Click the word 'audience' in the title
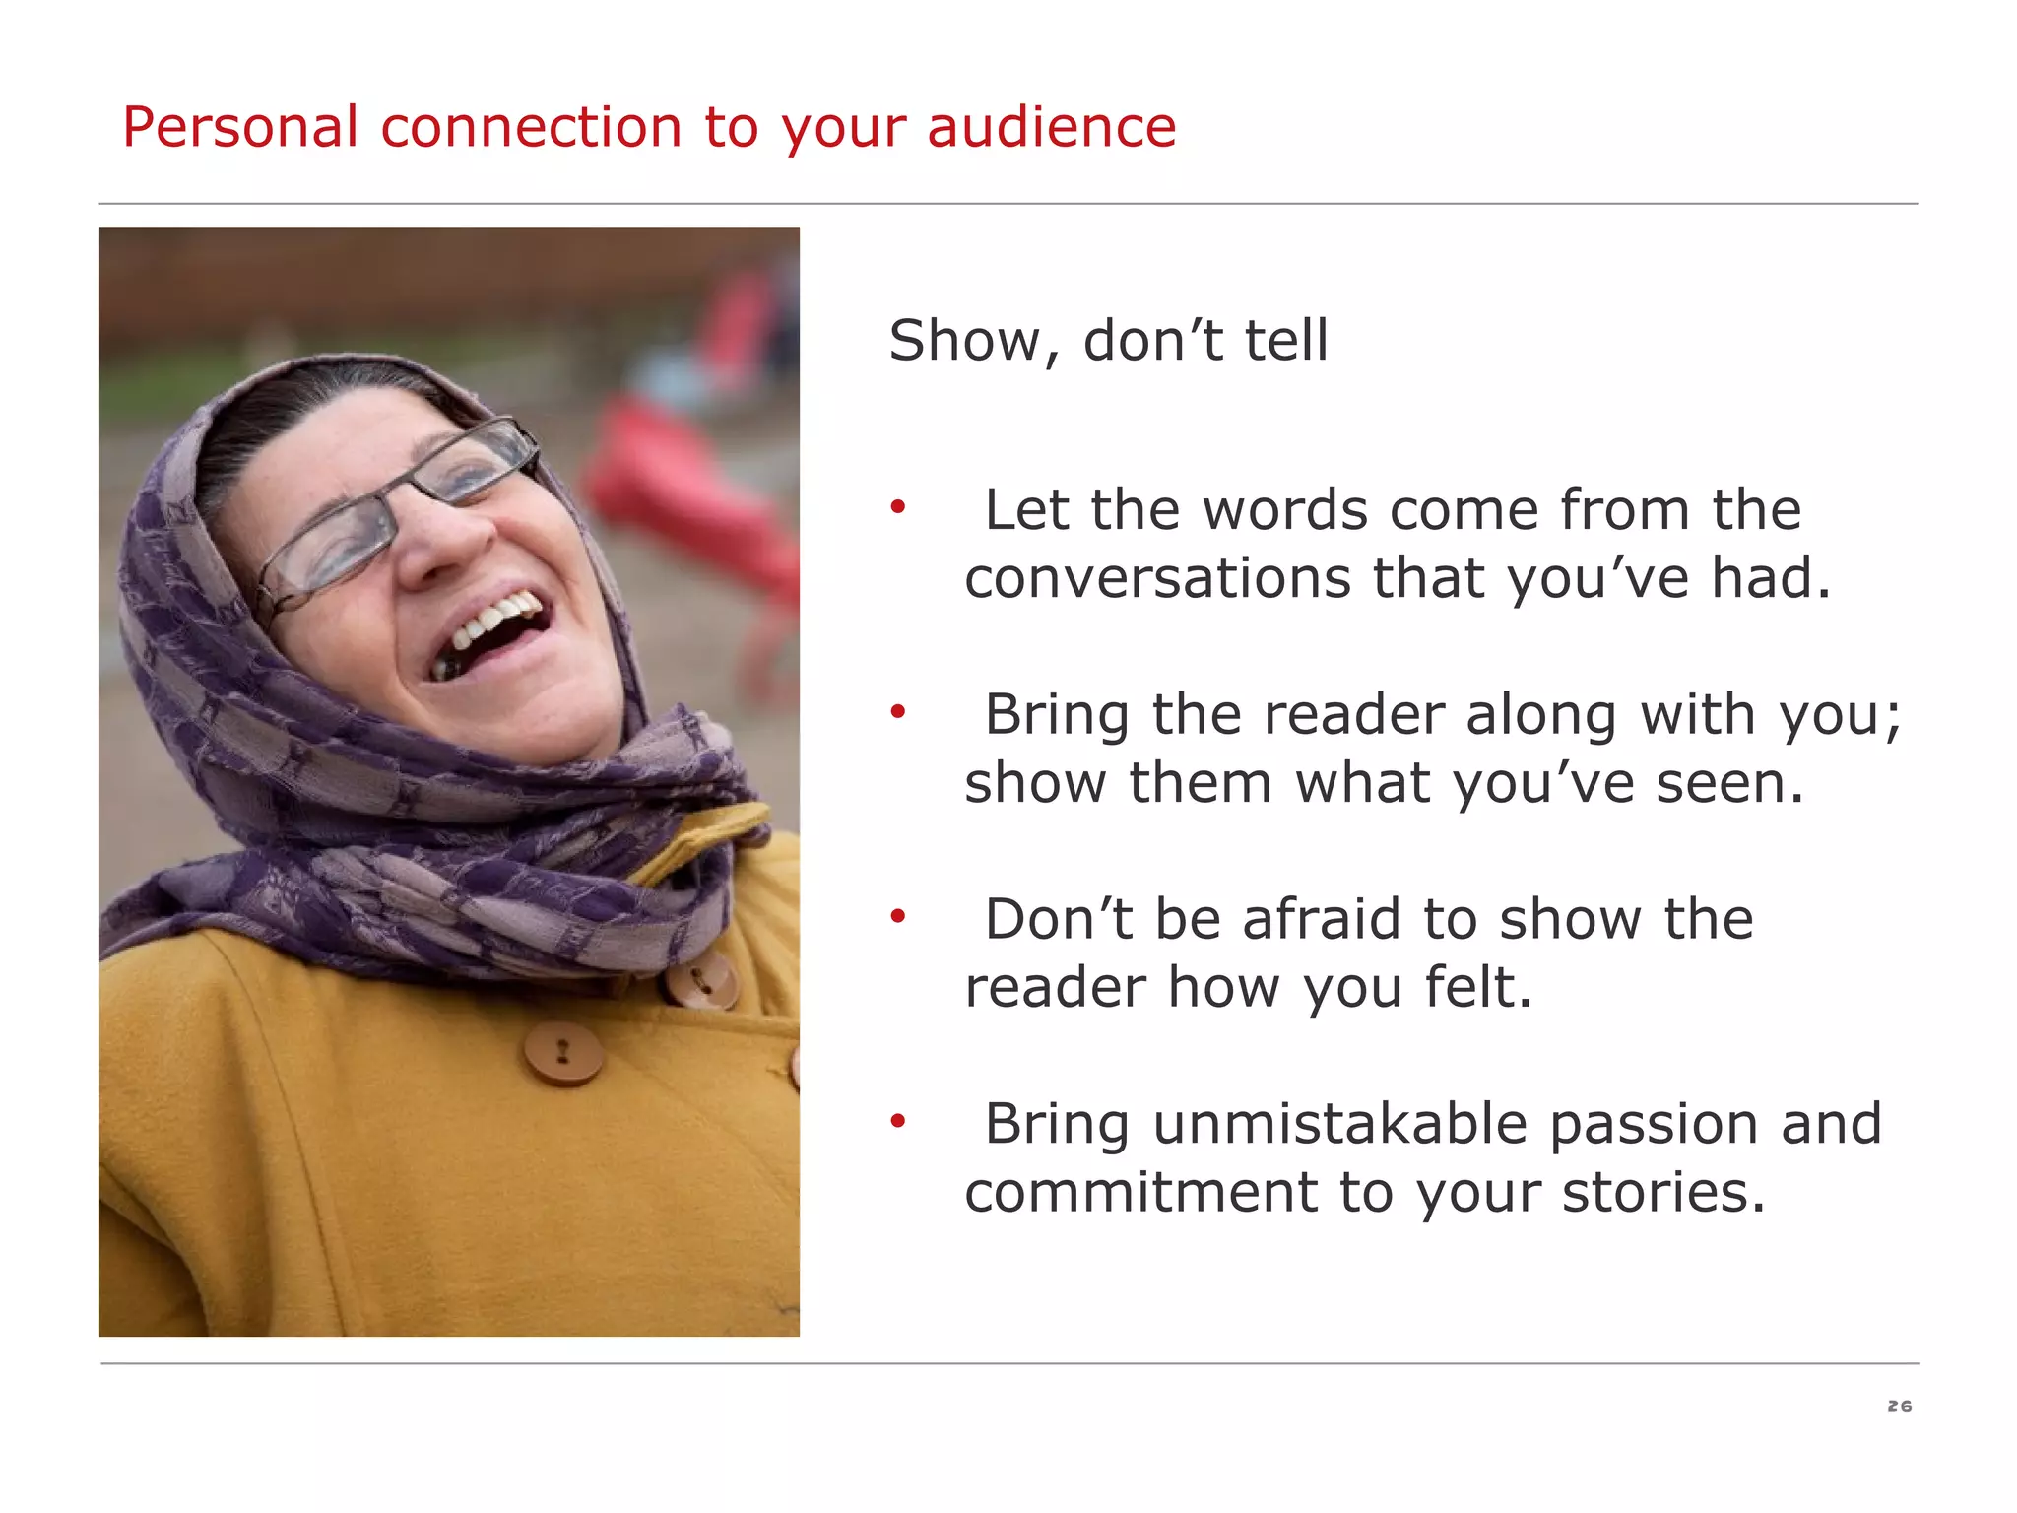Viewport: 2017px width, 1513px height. click(1051, 128)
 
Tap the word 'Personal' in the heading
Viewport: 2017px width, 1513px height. click(239, 128)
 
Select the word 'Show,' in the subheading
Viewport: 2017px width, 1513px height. click(975, 342)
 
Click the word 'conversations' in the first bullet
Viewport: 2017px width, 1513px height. click(1157, 578)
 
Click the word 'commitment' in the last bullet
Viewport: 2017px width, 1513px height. click(1140, 1193)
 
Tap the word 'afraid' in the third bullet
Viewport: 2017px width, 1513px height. click(1322, 920)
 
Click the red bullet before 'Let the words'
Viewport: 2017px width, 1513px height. click(897, 508)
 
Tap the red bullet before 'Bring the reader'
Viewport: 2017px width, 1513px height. click(897, 712)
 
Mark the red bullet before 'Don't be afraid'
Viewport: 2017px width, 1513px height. click(897, 917)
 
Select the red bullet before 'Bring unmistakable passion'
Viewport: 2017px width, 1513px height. click(897, 1121)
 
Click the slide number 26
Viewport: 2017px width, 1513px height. click(1899, 1406)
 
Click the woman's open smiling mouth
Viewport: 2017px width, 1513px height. click(492, 630)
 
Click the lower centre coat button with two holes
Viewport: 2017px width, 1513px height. click(562, 1052)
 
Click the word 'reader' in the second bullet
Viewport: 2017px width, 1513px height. click(1355, 715)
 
